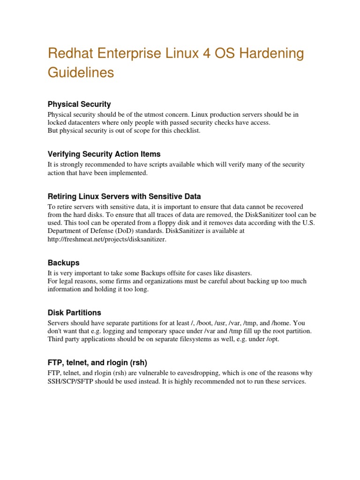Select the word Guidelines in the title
tap(81, 73)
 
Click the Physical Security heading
tap(79, 104)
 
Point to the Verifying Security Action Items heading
tap(104, 154)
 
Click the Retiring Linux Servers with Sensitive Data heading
tap(124, 196)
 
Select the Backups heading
tap(64, 262)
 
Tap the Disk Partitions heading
tap(74, 313)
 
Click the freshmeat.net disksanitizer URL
tap(107, 240)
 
